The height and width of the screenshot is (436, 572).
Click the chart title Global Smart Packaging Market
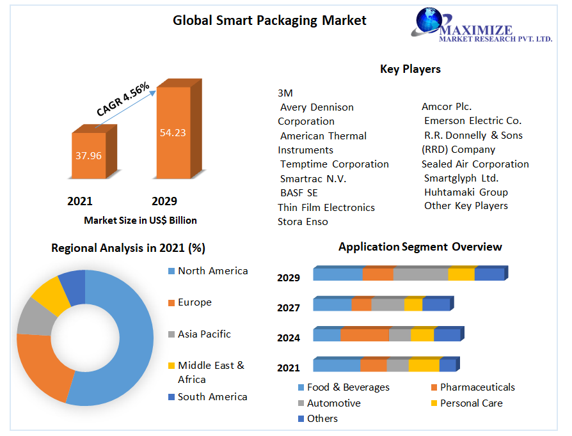tap(269, 20)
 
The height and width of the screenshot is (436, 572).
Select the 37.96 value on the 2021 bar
tap(88, 155)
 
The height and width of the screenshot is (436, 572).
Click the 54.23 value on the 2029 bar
tap(173, 132)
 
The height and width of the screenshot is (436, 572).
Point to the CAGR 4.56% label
tap(123, 99)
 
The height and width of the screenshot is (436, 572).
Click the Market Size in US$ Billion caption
tap(140, 220)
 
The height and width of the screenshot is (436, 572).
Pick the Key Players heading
tap(410, 69)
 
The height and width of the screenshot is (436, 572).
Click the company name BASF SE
tap(299, 192)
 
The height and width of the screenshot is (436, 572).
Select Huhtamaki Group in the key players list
tap(466, 192)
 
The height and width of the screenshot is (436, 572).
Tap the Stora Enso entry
tap(303, 222)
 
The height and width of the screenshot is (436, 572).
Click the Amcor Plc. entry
tap(447, 107)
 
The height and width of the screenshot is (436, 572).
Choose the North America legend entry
tap(212, 271)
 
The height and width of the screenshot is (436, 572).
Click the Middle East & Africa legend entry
tap(211, 372)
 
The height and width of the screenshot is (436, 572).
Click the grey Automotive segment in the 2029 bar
tap(420, 274)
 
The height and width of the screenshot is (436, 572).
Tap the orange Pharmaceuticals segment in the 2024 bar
tap(364, 335)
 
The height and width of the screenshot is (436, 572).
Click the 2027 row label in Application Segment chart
tap(289, 308)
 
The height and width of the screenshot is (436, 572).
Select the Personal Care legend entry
tap(471, 403)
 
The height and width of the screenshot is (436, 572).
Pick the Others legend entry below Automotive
tap(322, 419)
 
